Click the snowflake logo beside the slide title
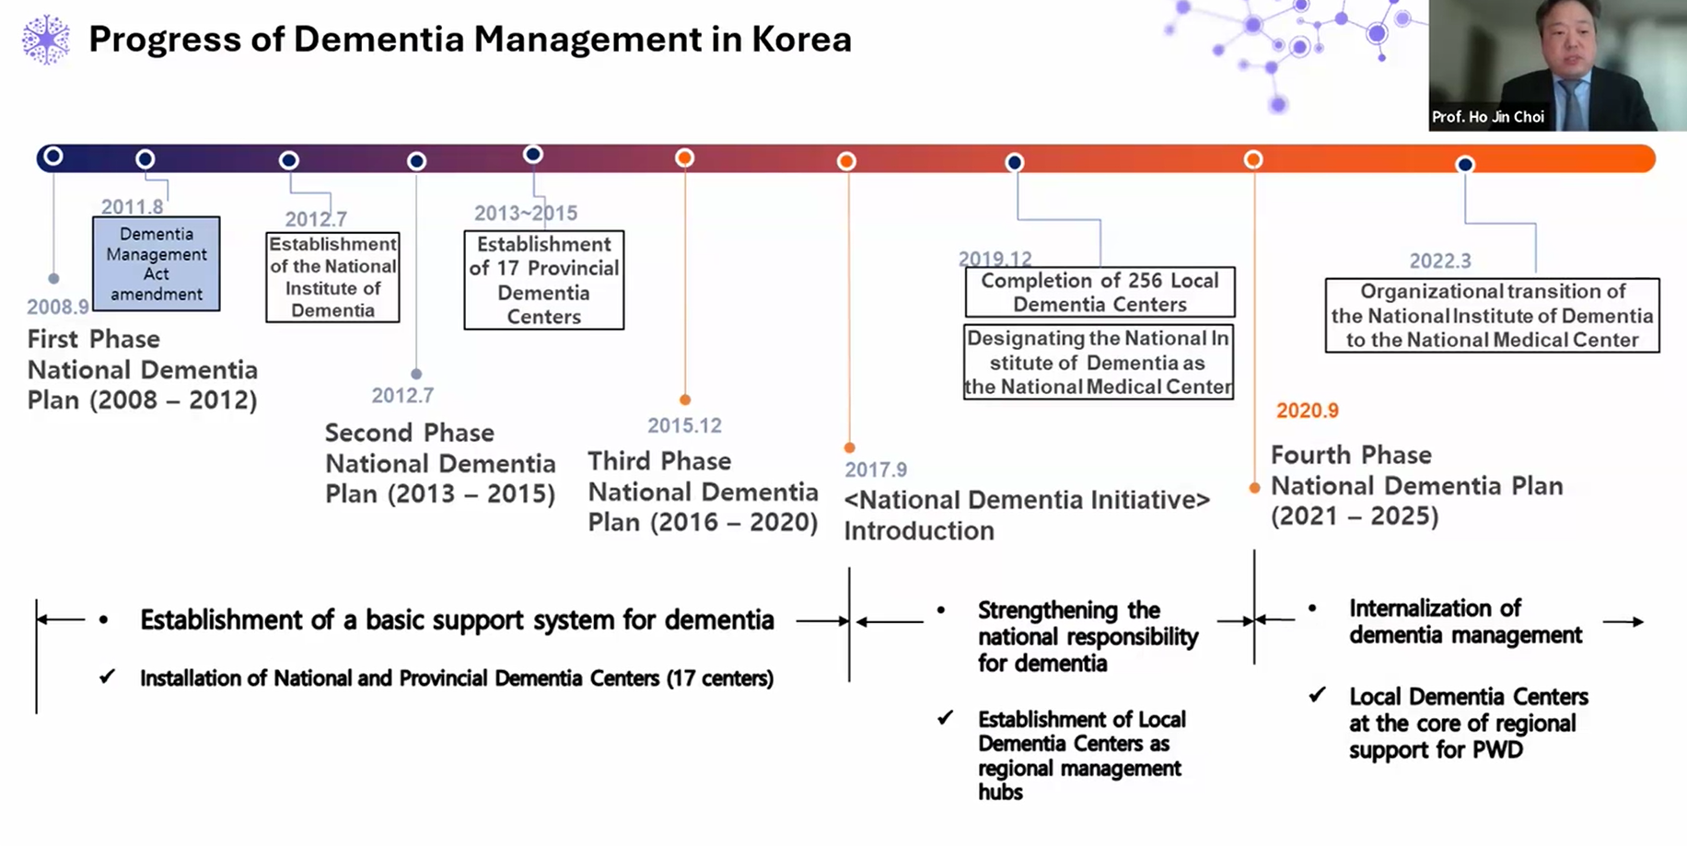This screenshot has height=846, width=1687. pyautogui.click(x=45, y=41)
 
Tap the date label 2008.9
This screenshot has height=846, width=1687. pyautogui.click(x=57, y=307)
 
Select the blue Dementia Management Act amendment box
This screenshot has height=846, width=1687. pyautogui.click(x=157, y=263)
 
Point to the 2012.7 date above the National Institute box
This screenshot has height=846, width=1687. pyautogui.click(x=316, y=219)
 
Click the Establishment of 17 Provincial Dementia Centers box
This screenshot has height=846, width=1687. pyautogui.click(x=544, y=280)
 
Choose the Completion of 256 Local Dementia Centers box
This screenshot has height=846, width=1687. pyautogui.click(x=1099, y=293)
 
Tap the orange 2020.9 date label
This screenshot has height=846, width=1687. pyautogui.click(x=1307, y=411)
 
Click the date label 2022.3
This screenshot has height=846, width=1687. pyautogui.click(x=1440, y=261)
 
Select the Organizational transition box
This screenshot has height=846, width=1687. pyautogui.click(x=1493, y=316)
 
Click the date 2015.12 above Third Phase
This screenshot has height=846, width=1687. pyautogui.click(x=684, y=425)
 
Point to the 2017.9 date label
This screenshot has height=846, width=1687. pyautogui.click(x=876, y=469)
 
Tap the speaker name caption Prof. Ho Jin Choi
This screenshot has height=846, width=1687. pyautogui.click(x=1487, y=117)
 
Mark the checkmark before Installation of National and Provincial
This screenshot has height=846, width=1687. pyautogui.click(x=108, y=677)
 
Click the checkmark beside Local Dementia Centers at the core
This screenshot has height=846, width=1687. pyautogui.click(x=1318, y=695)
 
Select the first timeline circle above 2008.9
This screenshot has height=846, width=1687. pyautogui.click(x=53, y=156)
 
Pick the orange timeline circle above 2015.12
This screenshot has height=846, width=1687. pyautogui.click(x=684, y=158)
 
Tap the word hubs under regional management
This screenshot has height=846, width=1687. pyautogui.click(x=1000, y=792)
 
